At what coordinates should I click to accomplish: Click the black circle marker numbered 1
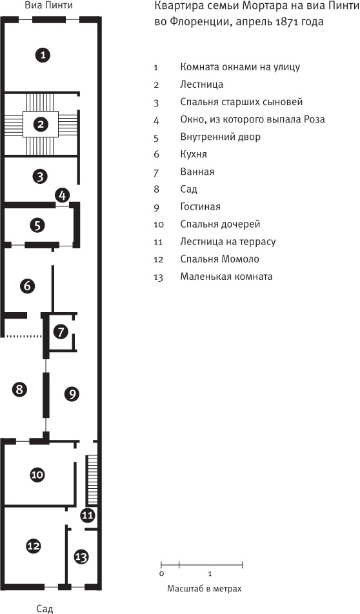click(42, 55)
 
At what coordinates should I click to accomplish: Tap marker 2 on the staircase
click(41, 124)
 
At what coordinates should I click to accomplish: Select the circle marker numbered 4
click(62, 195)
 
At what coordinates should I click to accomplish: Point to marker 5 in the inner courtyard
click(38, 225)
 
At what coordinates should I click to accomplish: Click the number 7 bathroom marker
click(60, 332)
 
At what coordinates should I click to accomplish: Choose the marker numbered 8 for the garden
click(20, 389)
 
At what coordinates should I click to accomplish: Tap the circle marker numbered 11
click(88, 515)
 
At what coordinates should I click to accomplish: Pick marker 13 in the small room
click(81, 556)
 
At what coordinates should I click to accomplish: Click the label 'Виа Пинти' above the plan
click(44, 6)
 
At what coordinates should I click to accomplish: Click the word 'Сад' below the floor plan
click(44, 608)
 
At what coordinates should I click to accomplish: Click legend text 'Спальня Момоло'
click(219, 259)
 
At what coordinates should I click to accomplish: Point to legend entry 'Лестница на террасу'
click(228, 242)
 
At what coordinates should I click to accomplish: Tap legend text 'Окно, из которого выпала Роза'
click(252, 119)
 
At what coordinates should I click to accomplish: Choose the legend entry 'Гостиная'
click(200, 207)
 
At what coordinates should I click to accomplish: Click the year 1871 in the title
click(284, 21)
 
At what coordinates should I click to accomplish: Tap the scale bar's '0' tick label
click(161, 573)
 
